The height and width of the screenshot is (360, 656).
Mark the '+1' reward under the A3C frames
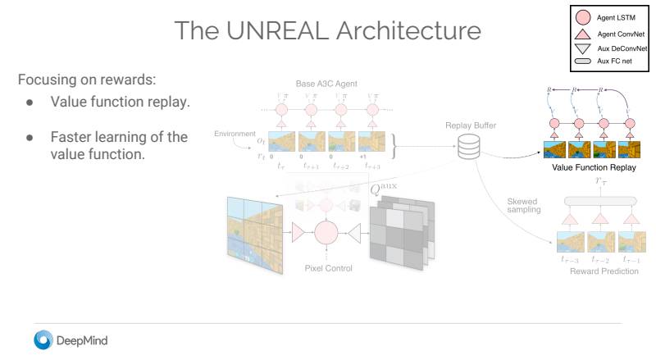click(362, 155)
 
